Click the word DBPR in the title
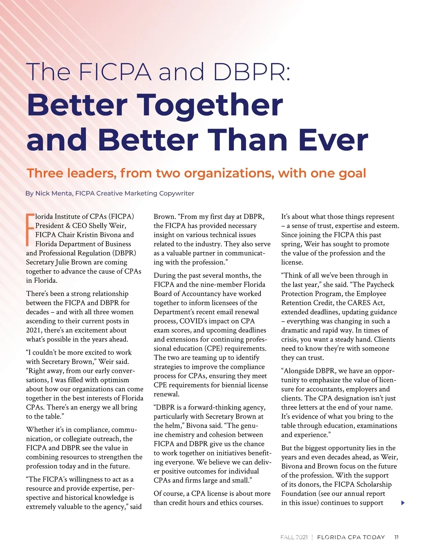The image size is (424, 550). pos(251,72)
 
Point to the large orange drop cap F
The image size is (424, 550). pos(30,229)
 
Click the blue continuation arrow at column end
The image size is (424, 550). pos(403,503)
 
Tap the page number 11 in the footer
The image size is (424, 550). pos(396,537)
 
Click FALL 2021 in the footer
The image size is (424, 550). pos(294,537)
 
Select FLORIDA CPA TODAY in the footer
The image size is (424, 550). pos(351,537)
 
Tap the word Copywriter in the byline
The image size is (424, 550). pos(176,193)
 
